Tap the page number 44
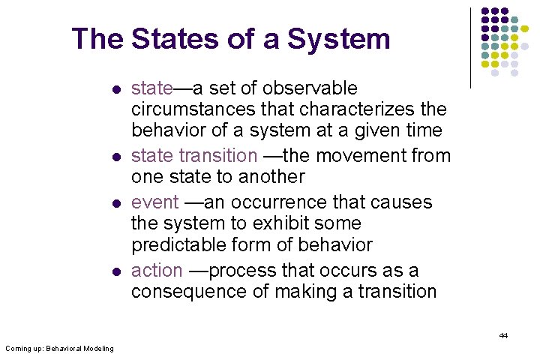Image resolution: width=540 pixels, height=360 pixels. (x=503, y=335)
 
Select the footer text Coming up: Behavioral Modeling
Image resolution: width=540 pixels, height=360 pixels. (x=59, y=348)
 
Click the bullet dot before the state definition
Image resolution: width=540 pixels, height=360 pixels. (x=116, y=89)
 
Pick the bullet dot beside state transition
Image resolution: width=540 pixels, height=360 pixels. (x=116, y=157)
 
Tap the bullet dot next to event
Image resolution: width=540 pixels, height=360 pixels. (x=116, y=203)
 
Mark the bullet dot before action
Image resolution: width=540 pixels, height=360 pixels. (x=116, y=271)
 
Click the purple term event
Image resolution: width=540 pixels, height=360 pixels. (x=154, y=202)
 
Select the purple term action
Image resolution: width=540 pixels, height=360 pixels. (x=157, y=270)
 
